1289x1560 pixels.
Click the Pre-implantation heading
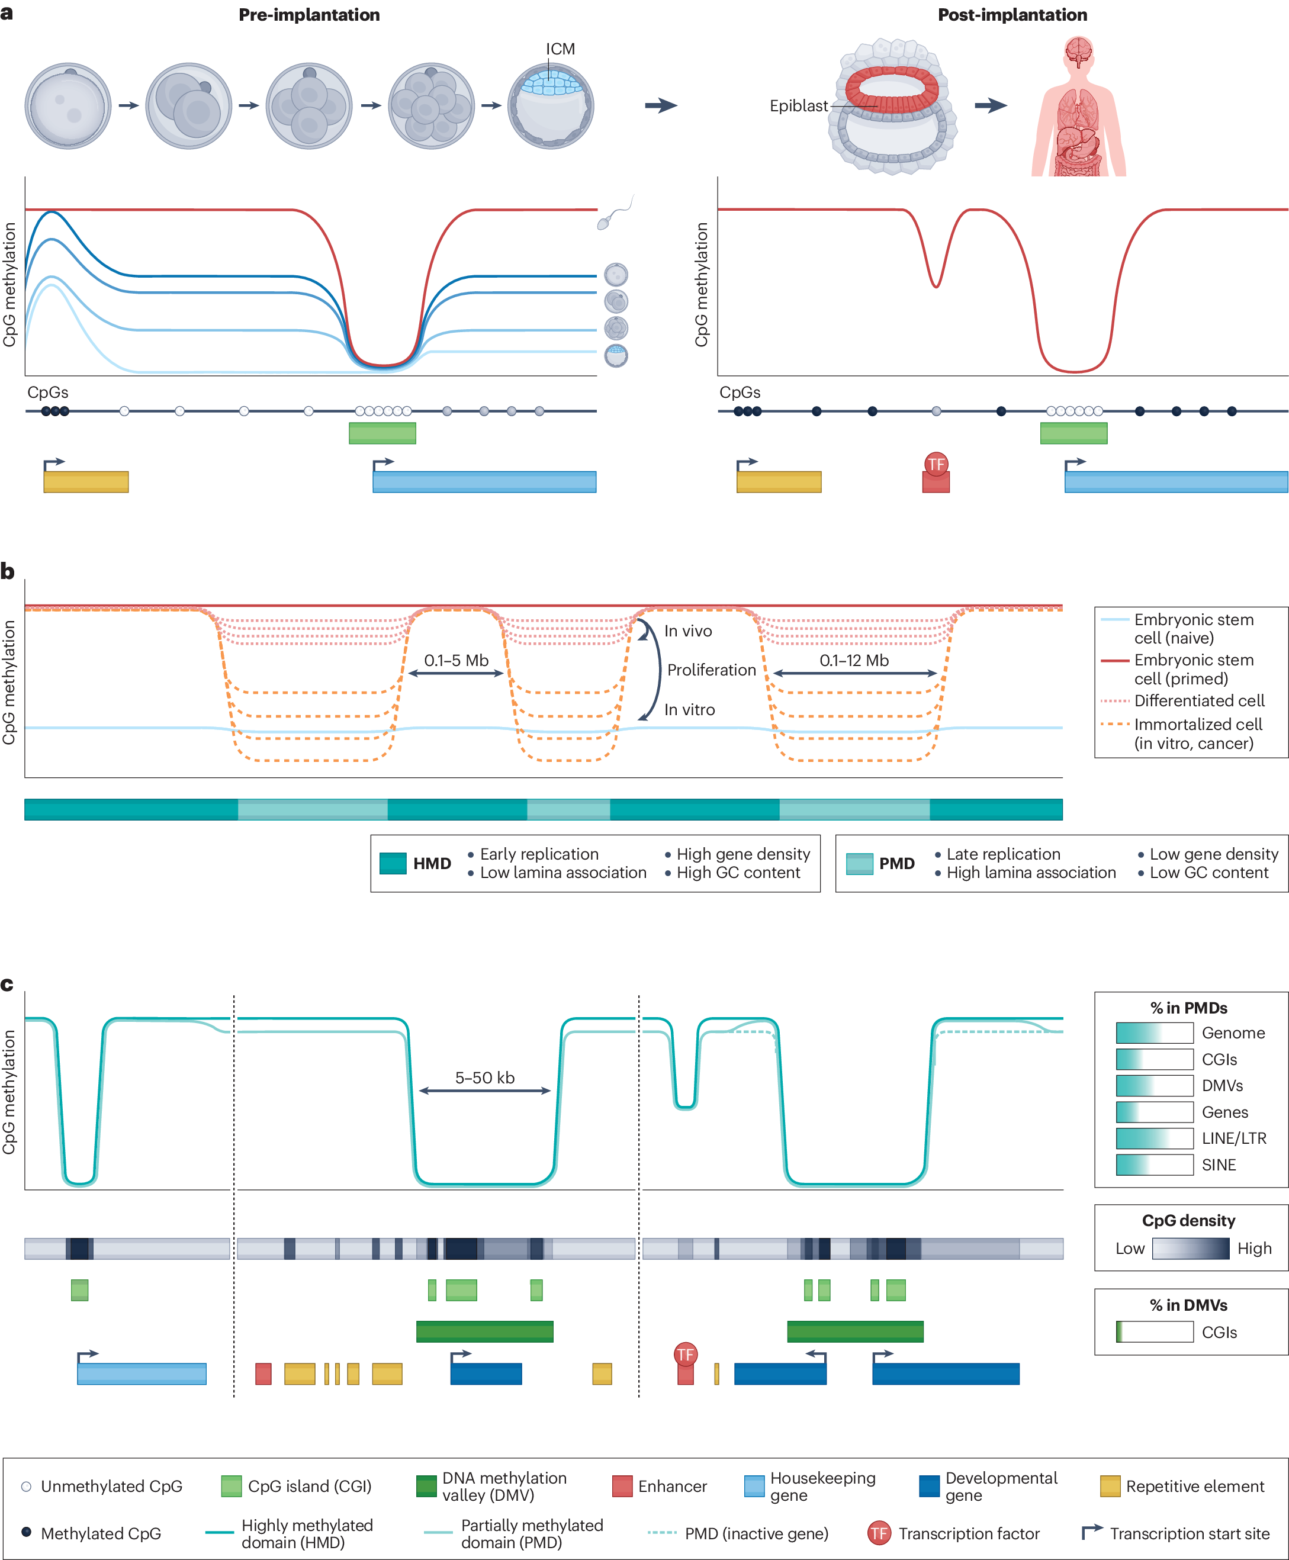(x=309, y=15)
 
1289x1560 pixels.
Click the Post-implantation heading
(x=1011, y=15)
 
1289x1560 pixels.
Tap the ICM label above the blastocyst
(x=560, y=49)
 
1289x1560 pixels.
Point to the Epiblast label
(x=798, y=106)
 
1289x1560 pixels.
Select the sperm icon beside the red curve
(x=610, y=216)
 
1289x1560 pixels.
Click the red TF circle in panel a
(x=936, y=465)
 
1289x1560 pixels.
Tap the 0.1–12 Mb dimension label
(x=854, y=660)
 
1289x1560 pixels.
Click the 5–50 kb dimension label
(x=484, y=1077)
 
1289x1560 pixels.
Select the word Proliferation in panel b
(x=711, y=670)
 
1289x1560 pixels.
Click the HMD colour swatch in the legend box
(x=393, y=864)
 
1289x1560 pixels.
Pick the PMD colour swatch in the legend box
(x=859, y=864)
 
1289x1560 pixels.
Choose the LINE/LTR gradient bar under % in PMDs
(x=1154, y=1138)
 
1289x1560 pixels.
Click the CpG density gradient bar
(x=1190, y=1248)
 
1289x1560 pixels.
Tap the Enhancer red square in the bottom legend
(x=622, y=1486)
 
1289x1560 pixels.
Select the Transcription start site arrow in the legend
(x=1091, y=1532)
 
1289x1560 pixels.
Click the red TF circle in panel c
(x=684, y=1355)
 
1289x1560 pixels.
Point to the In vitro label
(x=689, y=710)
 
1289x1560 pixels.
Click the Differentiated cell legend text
(x=1198, y=700)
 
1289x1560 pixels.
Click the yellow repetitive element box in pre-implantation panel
(x=86, y=482)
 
